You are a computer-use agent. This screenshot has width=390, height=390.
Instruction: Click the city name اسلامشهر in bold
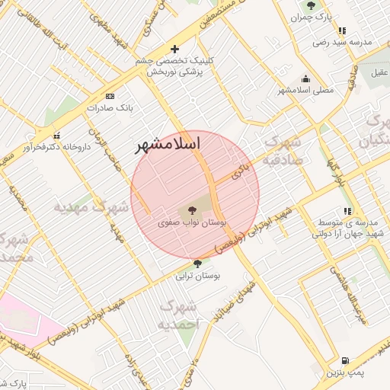pos(167,143)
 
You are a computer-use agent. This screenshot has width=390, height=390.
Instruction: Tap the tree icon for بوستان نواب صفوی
pos(190,209)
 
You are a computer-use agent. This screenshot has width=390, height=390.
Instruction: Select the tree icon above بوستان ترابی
pos(198,264)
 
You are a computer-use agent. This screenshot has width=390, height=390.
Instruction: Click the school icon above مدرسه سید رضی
pos(342,31)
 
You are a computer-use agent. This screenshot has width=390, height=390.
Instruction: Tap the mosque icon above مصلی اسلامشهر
pos(306,78)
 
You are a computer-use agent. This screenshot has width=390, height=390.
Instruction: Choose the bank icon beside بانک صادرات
pos(110,97)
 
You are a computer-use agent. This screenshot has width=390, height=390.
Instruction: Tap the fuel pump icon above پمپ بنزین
pos(345,360)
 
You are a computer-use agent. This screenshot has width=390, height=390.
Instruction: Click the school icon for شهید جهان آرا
pos(347,210)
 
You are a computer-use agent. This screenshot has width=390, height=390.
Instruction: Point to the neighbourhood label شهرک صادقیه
pos(283,151)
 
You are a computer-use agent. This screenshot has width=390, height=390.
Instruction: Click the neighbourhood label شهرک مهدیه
pos(83,206)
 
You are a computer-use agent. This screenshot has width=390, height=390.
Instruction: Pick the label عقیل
pos(379,73)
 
